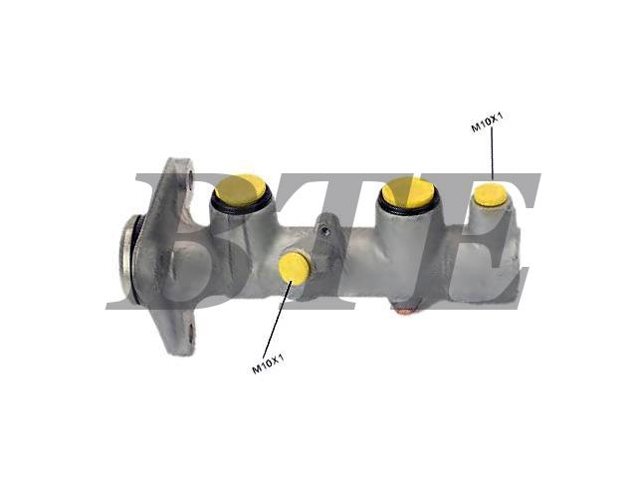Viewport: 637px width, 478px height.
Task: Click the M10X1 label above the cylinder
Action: coord(487,121)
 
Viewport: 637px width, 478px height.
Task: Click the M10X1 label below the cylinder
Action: coord(268,362)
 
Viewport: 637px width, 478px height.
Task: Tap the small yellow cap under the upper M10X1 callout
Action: coord(491,195)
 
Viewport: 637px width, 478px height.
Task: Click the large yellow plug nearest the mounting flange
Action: coord(241,190)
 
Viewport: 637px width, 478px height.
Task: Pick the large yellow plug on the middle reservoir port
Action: coord(407,192)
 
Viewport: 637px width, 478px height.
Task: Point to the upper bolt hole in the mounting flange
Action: coord(190,177)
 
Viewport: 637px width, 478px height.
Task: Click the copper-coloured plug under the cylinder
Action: coord(405,311)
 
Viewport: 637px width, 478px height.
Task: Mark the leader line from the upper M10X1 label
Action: coord(493,152)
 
